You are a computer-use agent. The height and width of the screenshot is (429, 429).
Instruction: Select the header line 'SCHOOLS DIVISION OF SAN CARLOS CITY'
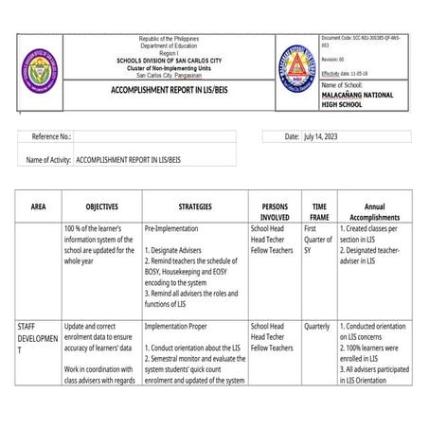[x=170, y=59]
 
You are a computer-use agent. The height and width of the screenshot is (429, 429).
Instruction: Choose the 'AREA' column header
[x=38, y=206]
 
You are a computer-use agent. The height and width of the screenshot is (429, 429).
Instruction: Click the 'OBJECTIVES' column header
[x=101, y=206]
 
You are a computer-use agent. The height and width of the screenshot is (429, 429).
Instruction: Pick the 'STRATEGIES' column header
[x=195, y=206]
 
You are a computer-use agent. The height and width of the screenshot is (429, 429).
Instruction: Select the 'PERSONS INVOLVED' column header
[x=274, y=211]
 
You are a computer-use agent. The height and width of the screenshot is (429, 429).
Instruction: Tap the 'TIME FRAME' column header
[x=319, y=211]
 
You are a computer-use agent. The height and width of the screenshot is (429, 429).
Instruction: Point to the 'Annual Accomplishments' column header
[x=374, y=211]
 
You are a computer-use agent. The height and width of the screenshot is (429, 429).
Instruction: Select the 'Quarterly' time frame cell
[x=317, y=326]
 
